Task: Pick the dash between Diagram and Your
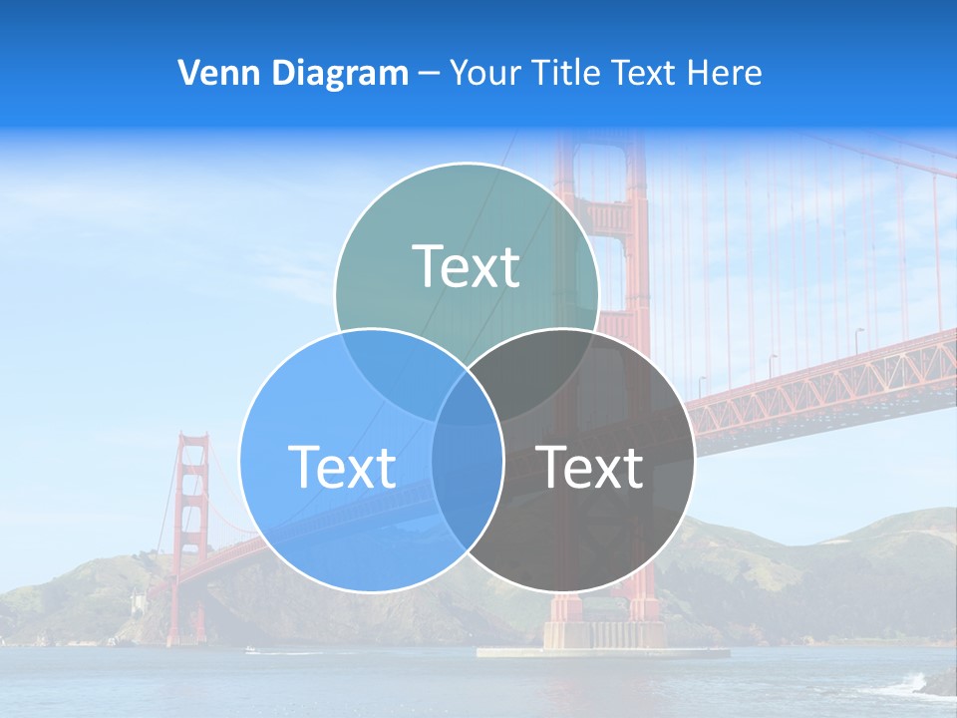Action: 429,74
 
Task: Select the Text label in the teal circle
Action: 466,266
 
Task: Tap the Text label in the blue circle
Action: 342,467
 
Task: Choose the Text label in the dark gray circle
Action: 590,467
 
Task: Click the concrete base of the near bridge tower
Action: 603,638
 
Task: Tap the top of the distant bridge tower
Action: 191,439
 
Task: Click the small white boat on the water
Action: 250,650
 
